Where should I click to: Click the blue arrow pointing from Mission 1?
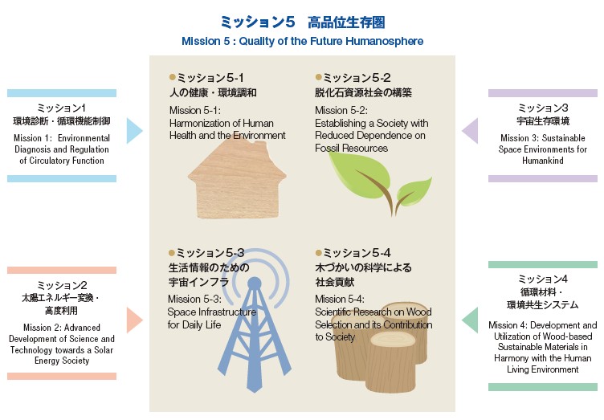tap(133, 131)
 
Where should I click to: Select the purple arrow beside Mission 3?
tap(471, 131)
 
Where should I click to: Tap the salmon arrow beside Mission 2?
tap(133, 320)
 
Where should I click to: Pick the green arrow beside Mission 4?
tap(471, 320)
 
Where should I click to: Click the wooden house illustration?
tap(237, 179)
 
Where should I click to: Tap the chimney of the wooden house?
tap(259, 145)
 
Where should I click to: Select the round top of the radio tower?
tap(254, 283)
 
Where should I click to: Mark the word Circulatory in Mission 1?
tap(49, 161)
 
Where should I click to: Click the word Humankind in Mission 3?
tap(543, 161)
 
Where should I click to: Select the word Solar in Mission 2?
tap(104, 350)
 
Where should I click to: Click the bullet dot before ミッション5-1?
tap(173, 77)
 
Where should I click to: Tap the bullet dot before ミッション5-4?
tap(319, 253)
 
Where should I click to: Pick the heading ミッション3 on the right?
tap(543, 108)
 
